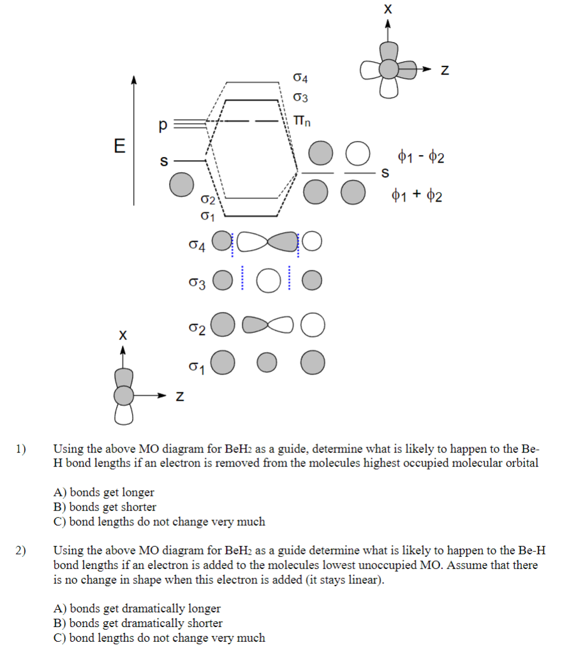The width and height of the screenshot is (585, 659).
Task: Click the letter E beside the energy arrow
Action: tap(119, 145)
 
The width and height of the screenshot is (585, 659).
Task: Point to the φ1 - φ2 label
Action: tap(420, 156)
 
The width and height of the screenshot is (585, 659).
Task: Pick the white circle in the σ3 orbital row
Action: tap(269, 280)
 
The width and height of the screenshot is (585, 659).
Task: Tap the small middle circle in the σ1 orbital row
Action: tap(267, 362)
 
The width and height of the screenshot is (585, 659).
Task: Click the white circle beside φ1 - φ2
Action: tap(359, 154)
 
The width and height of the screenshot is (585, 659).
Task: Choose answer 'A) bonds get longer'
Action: tap(104, 492)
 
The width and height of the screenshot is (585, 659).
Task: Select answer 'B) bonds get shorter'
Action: tap(105, 507)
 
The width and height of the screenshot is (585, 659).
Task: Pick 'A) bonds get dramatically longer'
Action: tap(137, 609)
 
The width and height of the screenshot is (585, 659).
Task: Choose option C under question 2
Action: tap(159, 638)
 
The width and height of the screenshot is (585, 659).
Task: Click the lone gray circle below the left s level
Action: tap(181, 184)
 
